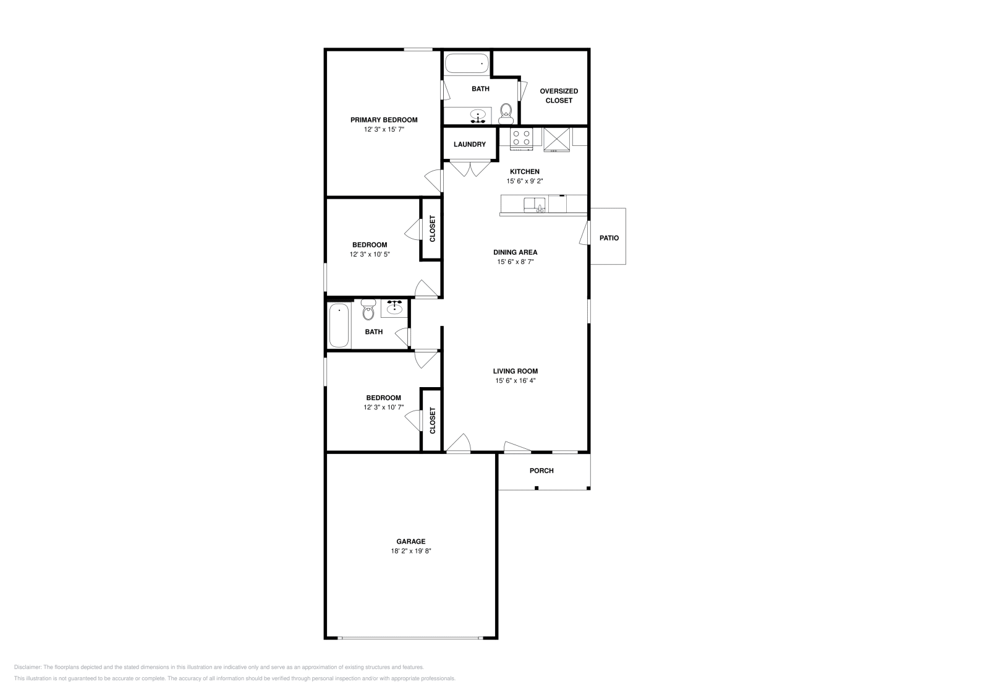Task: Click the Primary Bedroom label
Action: (x=384, y=120)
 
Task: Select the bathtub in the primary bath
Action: (x=467, y=64)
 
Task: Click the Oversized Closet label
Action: (x=559, y=95)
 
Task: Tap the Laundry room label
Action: (x=470, y=144)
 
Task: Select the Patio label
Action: (x=609, y=237)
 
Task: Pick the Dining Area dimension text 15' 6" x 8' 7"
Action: (x=516, y=262)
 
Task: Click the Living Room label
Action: (x=516, y=371)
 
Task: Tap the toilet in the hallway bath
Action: (x=368, y=310)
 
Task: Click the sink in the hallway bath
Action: (x=394, y=307)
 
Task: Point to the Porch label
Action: (x=541, y=471)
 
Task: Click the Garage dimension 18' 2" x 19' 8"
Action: (x=410, y=551)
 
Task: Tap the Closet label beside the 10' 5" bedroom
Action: (x=432, y=228)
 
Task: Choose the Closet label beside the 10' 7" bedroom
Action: (x=432, y=420)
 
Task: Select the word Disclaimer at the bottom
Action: (x=27, y=667)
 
